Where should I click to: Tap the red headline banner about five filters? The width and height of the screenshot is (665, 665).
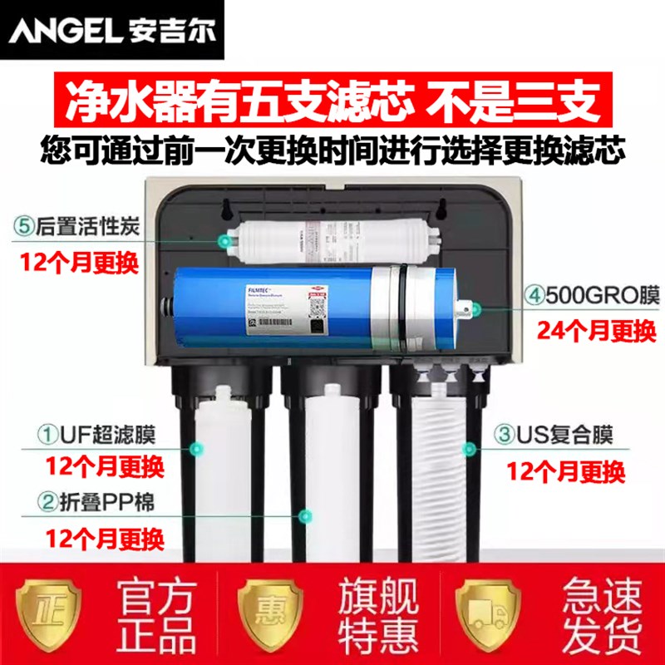click(332, 105)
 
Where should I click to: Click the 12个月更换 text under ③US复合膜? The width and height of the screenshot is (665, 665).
click(565, 472)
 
